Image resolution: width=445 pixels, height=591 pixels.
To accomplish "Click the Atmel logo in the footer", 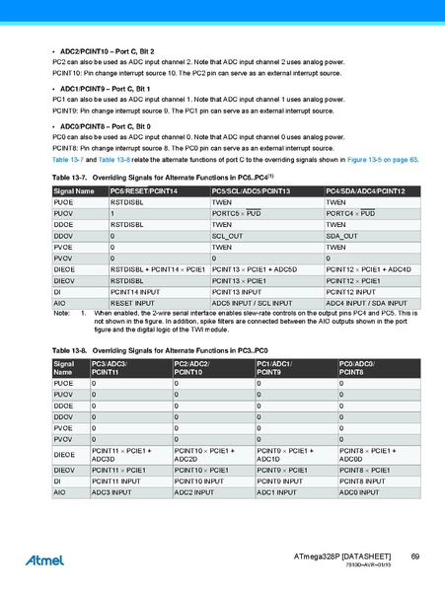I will pyautogui.click(x=43, y=559).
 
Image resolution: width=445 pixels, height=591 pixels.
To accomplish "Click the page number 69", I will pyautogui.click(x=415, y=557).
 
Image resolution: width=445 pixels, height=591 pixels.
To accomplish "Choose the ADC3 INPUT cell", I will pyautogui.click(x=111, y=490).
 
